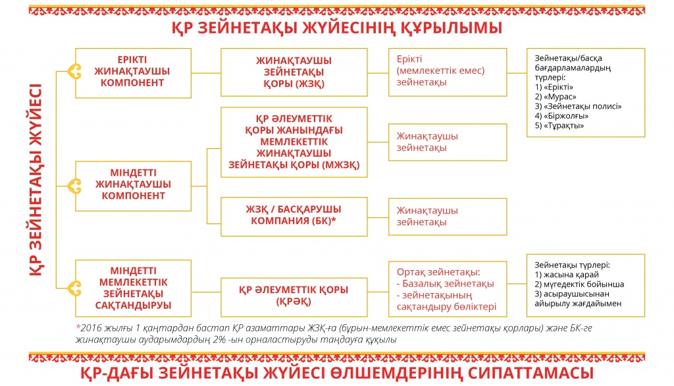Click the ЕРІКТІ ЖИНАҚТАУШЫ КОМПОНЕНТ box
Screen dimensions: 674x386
coord(133,73)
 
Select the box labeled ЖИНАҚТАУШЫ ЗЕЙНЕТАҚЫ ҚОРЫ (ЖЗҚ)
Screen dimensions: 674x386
coord(294,72)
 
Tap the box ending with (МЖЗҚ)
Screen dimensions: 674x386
coord(294,142)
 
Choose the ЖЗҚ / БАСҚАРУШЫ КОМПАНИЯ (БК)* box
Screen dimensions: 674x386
coord(294,217)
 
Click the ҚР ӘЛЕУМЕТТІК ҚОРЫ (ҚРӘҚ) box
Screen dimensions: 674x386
coord(294,297)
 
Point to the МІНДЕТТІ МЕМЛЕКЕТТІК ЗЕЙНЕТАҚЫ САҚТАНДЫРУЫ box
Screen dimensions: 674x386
coord(133,289)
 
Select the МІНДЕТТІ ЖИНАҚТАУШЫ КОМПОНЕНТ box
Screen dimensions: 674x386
coord(133,186)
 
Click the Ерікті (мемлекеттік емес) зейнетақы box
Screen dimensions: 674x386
coord(448,72)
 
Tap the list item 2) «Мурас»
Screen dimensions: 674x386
coord(556,97)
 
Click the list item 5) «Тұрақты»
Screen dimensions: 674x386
coord(559,126)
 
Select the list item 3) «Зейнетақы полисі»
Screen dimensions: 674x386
coord(578,106)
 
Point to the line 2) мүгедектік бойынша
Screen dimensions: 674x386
coord(579,284)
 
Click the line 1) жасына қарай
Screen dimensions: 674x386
coord(567,275)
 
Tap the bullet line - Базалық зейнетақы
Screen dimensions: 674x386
coord(446,284)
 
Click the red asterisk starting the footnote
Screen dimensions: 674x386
coord(78,327)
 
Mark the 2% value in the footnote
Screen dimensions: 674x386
coord(219,339)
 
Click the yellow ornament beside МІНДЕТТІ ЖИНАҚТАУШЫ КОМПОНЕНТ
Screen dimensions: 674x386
coord(75,186)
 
